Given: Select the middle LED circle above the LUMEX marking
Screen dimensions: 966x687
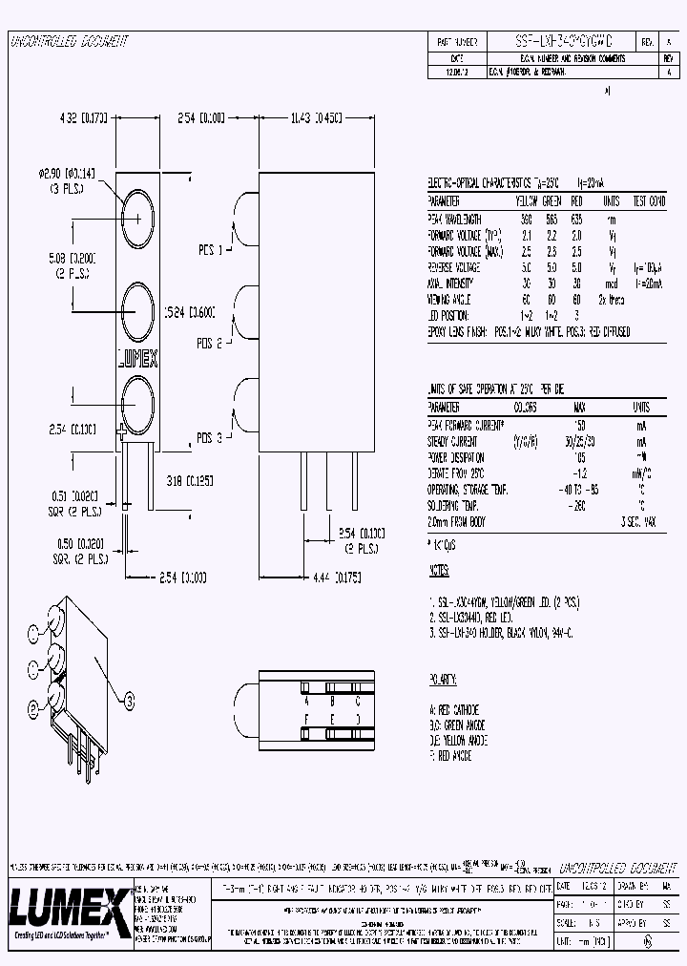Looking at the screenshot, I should tap(137, 307).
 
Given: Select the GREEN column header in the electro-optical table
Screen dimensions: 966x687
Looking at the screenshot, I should tap(552, 202).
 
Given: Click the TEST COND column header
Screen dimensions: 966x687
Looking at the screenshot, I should tap(645, 202).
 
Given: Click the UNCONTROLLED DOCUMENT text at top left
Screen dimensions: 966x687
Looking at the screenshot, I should tap(68, 42).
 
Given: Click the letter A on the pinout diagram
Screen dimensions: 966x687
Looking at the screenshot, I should tap(304, 686).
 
